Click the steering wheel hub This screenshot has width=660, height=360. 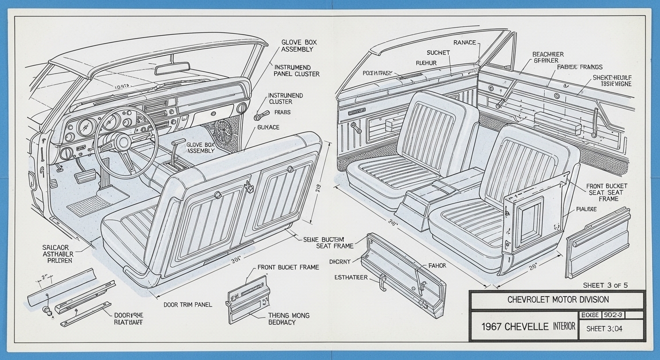coord(123,142)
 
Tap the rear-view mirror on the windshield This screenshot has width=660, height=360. coord(172,69)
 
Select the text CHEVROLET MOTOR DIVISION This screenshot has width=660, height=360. coord(558,300)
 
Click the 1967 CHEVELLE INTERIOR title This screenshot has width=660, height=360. coord(528,327)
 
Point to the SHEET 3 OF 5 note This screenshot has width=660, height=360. coord(605,285)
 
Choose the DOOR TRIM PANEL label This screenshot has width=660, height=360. coord(187,305)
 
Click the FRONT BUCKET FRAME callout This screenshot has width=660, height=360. coord(288,267)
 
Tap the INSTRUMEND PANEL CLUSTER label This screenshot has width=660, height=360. coord(297,70)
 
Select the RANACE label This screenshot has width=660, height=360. coord(465,43)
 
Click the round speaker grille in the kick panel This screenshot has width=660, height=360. coord(224,131)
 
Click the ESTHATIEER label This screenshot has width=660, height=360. coord(351,277)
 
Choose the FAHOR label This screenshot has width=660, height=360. coord(437,266)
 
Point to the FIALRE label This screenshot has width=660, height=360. coord(585,210)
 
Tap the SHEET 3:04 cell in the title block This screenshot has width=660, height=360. coord(604,329)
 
